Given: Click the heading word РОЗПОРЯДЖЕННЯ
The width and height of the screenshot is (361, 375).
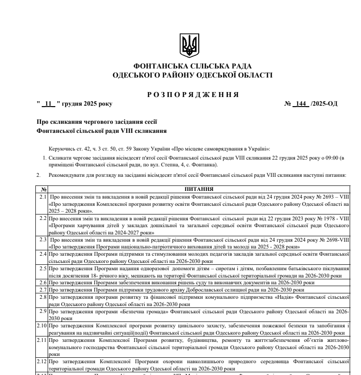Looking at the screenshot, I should click(193, 94).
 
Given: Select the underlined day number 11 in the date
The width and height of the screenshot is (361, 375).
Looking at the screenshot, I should click(48, 103).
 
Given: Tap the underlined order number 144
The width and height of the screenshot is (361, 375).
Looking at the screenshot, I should click(299, 103).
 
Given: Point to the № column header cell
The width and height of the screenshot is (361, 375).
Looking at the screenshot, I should click(44, 189).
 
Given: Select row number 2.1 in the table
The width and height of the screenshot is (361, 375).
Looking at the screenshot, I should click(44, 197).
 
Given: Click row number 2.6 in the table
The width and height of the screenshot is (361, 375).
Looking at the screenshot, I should click(44, 282).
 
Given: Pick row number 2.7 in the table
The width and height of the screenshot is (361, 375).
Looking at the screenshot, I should click(44, 289).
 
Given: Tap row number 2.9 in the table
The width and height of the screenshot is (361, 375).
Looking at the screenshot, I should click(44, 312).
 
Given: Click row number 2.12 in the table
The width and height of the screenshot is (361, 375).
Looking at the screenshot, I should click(43, 361).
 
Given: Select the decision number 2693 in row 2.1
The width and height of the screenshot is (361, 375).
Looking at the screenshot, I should click(325, 197).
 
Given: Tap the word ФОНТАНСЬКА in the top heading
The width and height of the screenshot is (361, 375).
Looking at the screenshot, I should click(157, 67).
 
